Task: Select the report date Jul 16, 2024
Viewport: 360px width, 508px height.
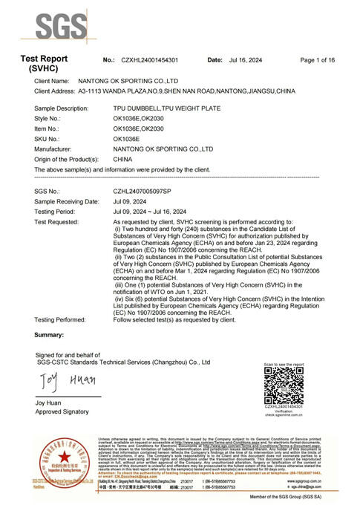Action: pos(246,59)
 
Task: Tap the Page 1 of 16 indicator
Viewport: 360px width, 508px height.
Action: pos(317,59)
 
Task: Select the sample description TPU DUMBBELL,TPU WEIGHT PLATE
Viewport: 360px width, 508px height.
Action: pos(166,108)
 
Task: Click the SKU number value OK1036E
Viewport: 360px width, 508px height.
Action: pos(127,139)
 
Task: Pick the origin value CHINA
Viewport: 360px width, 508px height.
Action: pos(124,159)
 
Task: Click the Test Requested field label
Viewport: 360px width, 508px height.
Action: pos(61,222)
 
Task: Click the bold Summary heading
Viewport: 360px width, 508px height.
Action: pos(49,336)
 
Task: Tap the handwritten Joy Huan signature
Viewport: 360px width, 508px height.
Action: pos(59,383)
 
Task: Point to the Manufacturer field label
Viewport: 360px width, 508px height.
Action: pos(56,149)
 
